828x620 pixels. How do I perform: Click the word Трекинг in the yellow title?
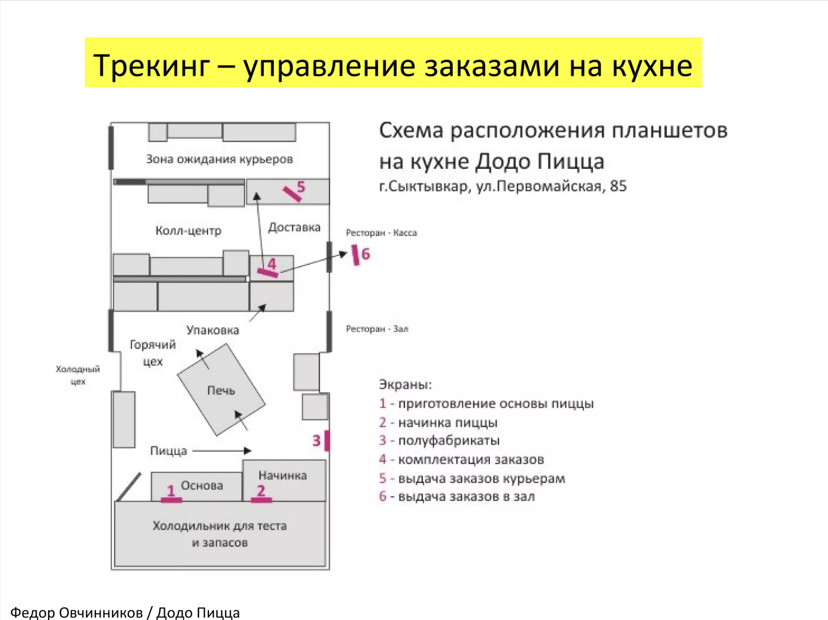tap(152, 66)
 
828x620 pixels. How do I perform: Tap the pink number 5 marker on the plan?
tap(300, 186)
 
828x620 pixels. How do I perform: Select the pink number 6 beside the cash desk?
tap(365, 254)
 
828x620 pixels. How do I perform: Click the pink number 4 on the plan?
tap(272, 264)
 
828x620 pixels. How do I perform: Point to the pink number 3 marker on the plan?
tap(317, 441)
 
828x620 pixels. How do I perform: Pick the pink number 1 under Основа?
tap(170, 491)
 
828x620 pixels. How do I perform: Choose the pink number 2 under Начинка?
tap(261, 490)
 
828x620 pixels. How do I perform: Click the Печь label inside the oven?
tap(221, 391)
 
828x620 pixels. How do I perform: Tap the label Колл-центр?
tap(188, 231)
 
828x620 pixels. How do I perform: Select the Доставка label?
tap(294, 227)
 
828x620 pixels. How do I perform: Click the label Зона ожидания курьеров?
tap(219, 159)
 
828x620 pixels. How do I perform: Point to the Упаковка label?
tap(213, 330)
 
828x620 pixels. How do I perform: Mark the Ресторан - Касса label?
tap(382, 233)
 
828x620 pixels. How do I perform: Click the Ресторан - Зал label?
tap(377, 329)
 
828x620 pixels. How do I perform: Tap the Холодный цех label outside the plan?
tap(78, 375)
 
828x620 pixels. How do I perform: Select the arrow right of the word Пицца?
tap(222, 451)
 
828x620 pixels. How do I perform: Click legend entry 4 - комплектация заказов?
tap(461, 459)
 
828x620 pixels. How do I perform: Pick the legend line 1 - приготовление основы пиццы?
tap(486, 404)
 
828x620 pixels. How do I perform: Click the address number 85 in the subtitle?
tap(618, 186)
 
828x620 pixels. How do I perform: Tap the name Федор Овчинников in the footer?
tap(76, 612)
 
